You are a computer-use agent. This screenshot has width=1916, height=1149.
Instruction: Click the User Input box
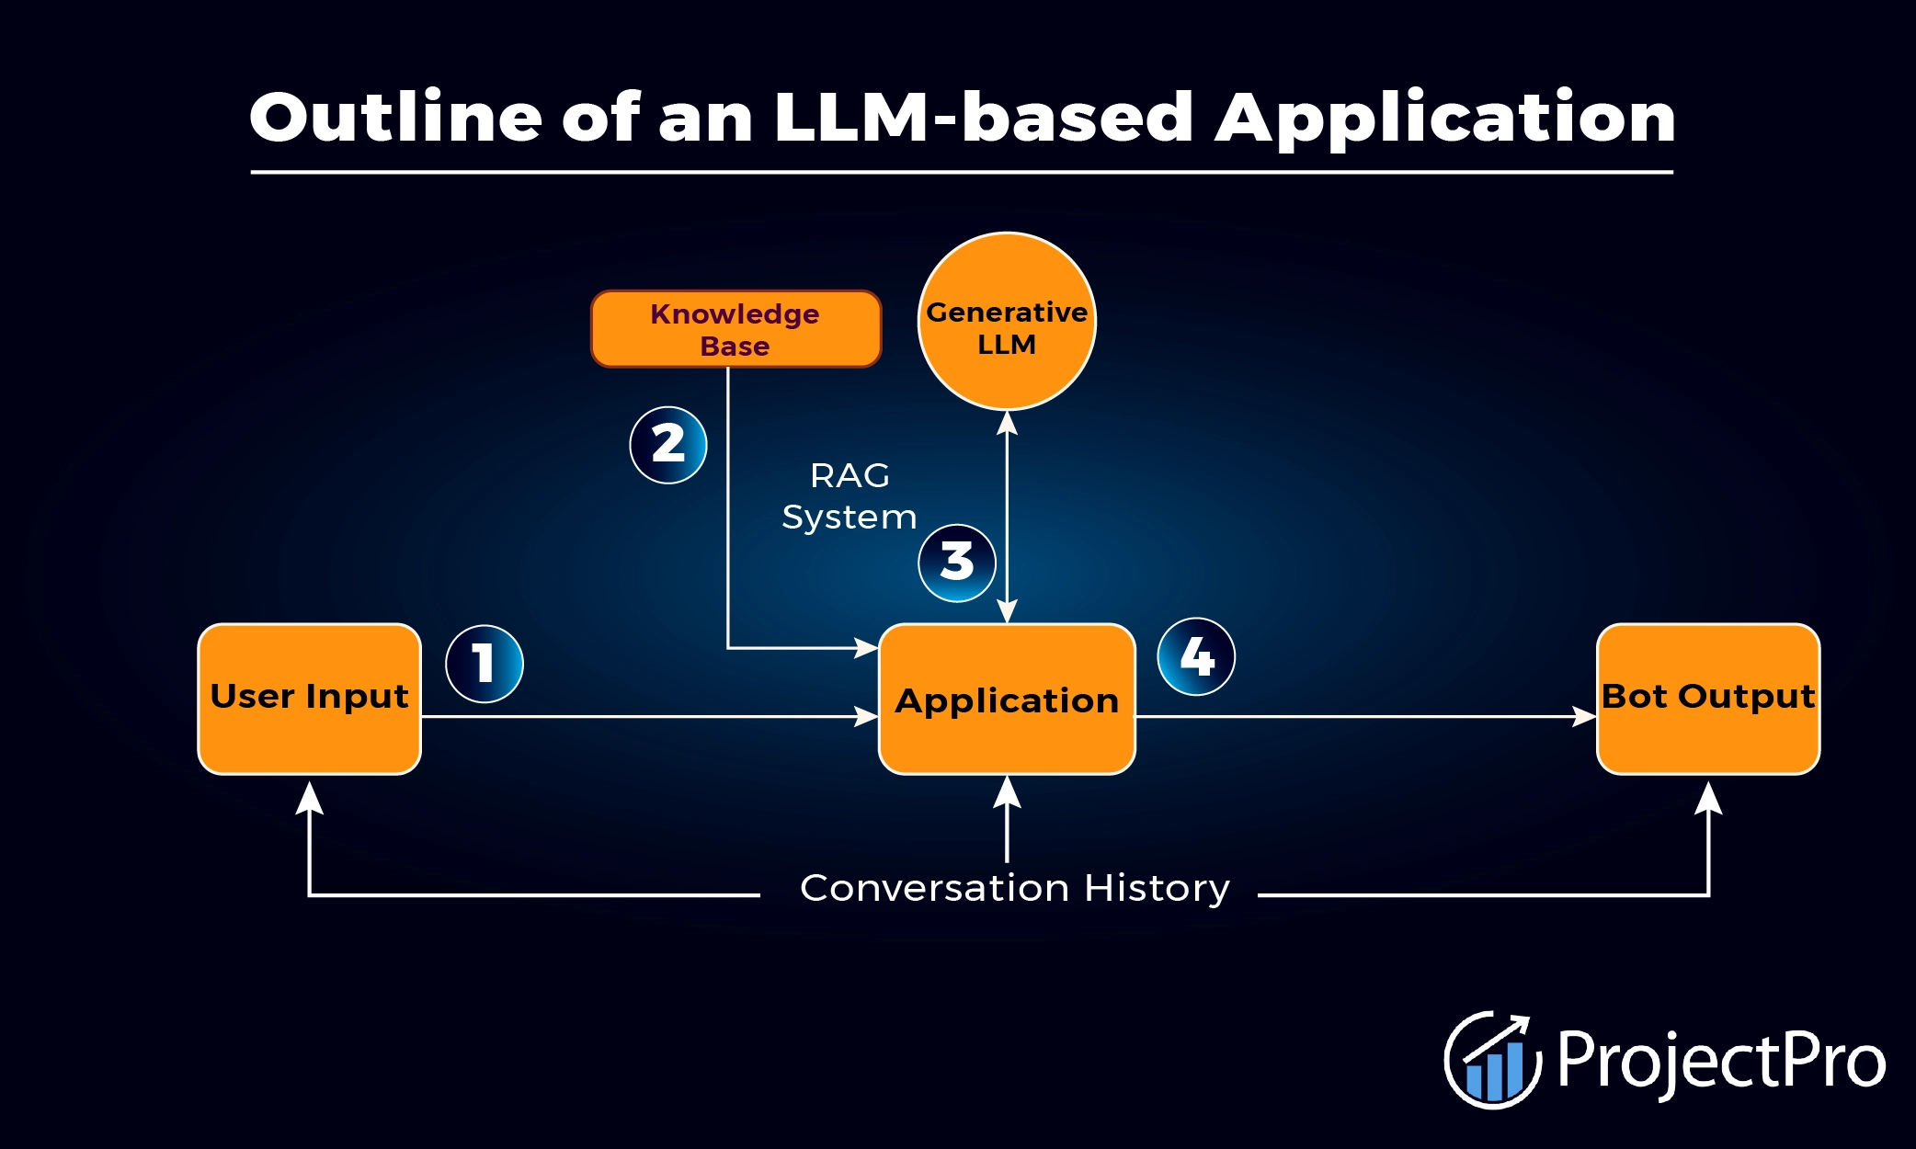310,699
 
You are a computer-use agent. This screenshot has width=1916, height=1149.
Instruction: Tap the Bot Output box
1708,699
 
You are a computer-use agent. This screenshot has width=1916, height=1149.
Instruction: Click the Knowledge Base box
736,329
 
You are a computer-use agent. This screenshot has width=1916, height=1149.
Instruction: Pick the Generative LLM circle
1007,322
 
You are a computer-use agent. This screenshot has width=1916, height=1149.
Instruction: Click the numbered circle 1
485,664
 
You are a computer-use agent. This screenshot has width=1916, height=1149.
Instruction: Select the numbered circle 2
668,445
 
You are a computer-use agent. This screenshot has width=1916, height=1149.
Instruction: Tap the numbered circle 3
957,563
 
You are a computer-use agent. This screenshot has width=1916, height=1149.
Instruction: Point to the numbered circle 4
1196,656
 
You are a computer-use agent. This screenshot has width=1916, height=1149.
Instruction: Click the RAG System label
849,496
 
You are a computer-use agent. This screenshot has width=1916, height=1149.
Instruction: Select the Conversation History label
1014,888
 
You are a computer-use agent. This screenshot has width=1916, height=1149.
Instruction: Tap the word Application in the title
1445,119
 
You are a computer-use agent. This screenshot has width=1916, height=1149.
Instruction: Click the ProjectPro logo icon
1492,1060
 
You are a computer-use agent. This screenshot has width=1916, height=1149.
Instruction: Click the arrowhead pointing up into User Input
310,798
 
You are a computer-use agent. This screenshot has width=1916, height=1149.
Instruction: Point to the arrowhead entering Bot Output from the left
1583,716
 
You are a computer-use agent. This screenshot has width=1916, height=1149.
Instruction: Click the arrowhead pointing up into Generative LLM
1007,423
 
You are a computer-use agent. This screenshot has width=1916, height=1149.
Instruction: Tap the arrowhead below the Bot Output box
1708,798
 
